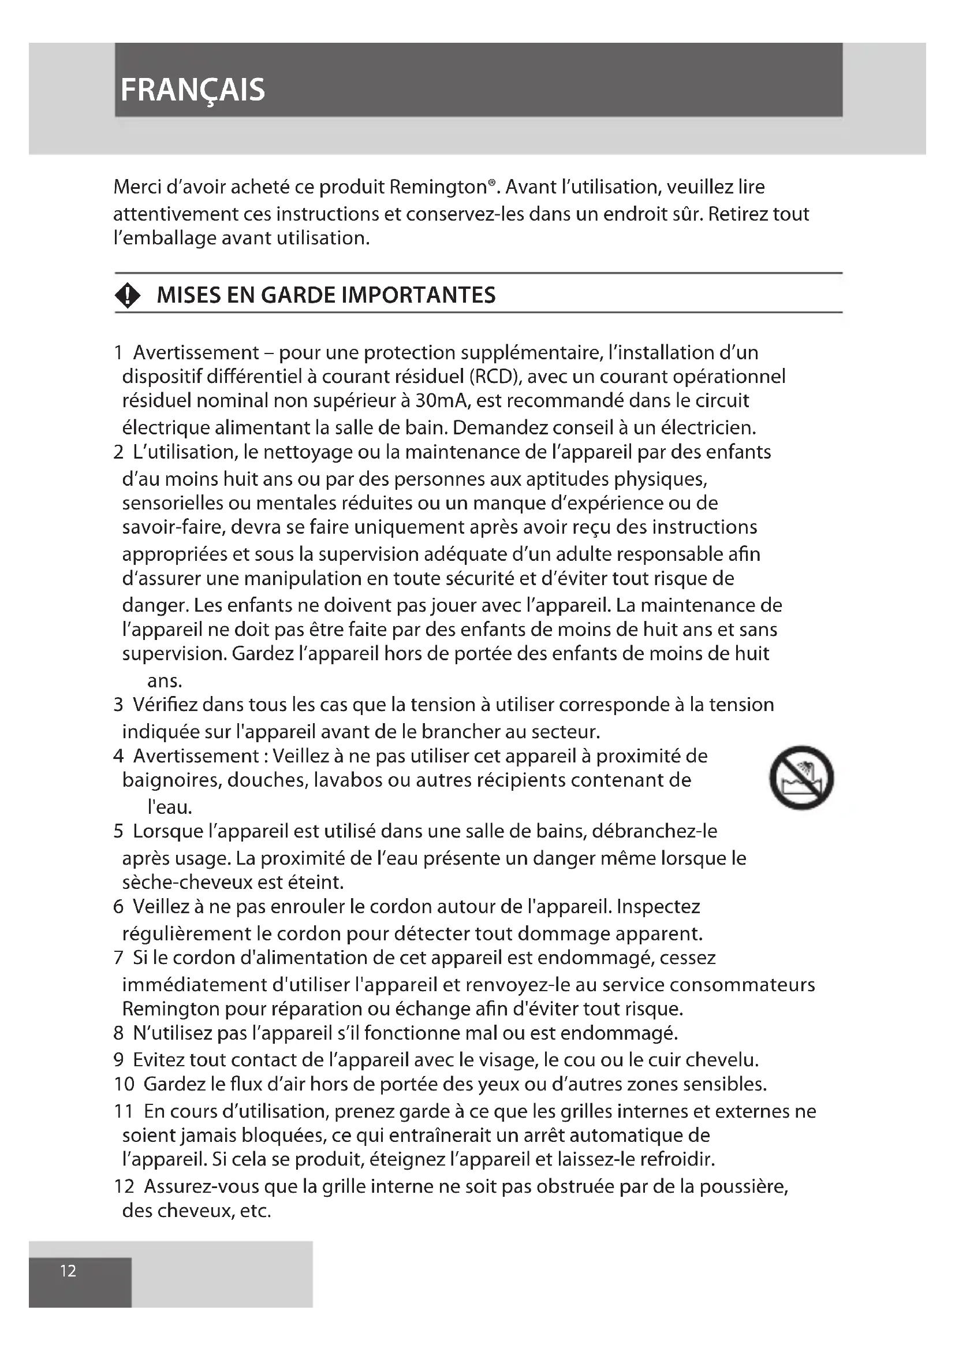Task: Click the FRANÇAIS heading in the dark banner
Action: pos(192,90)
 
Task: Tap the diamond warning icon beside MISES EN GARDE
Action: pos(128,295)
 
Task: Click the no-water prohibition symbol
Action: pos(801,777)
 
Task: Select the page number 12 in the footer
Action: pos(68,1271)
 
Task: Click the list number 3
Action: pos(118,704)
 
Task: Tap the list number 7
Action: pos(118,958)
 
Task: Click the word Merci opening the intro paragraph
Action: pos(137,187)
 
